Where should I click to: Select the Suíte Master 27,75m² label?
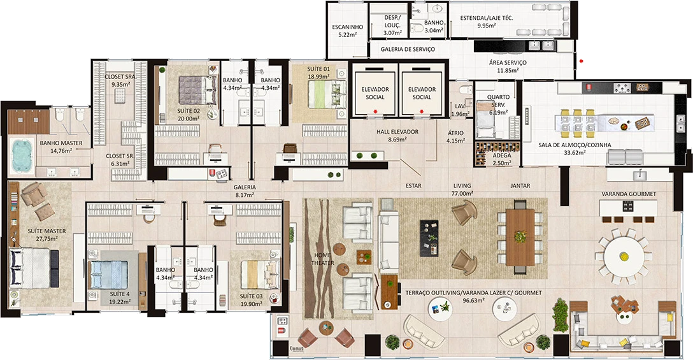point(43,234)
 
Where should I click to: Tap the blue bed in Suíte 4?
point(108,274)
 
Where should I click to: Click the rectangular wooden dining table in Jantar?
point(520,236)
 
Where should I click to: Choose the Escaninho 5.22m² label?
point(347,31)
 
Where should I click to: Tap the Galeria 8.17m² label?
point(246,191)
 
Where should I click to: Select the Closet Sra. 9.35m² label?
point(120,80)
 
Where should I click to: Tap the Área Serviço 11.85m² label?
point(508,66)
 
